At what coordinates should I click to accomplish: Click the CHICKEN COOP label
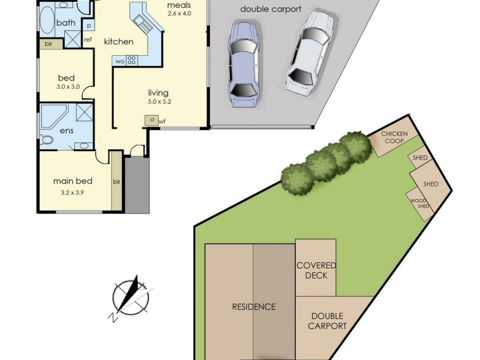tap(394, 137)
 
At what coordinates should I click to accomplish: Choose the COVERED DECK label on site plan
tap(316, 270)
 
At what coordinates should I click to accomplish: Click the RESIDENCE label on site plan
tap(254, 307)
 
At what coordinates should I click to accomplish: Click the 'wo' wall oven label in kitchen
tap(119, 61)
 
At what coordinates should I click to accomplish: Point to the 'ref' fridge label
tap(88, 40)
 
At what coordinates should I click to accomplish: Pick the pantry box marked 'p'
tap(89, 26)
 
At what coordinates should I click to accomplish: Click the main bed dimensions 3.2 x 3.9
tap(73, 192)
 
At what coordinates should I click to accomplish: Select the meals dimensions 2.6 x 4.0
tap(179, 14)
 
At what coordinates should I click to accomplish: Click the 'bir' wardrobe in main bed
tap(117, 181)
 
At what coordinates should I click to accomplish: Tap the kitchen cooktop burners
tap(131, 60)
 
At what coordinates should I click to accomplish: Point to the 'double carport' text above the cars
tap(271, 9)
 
